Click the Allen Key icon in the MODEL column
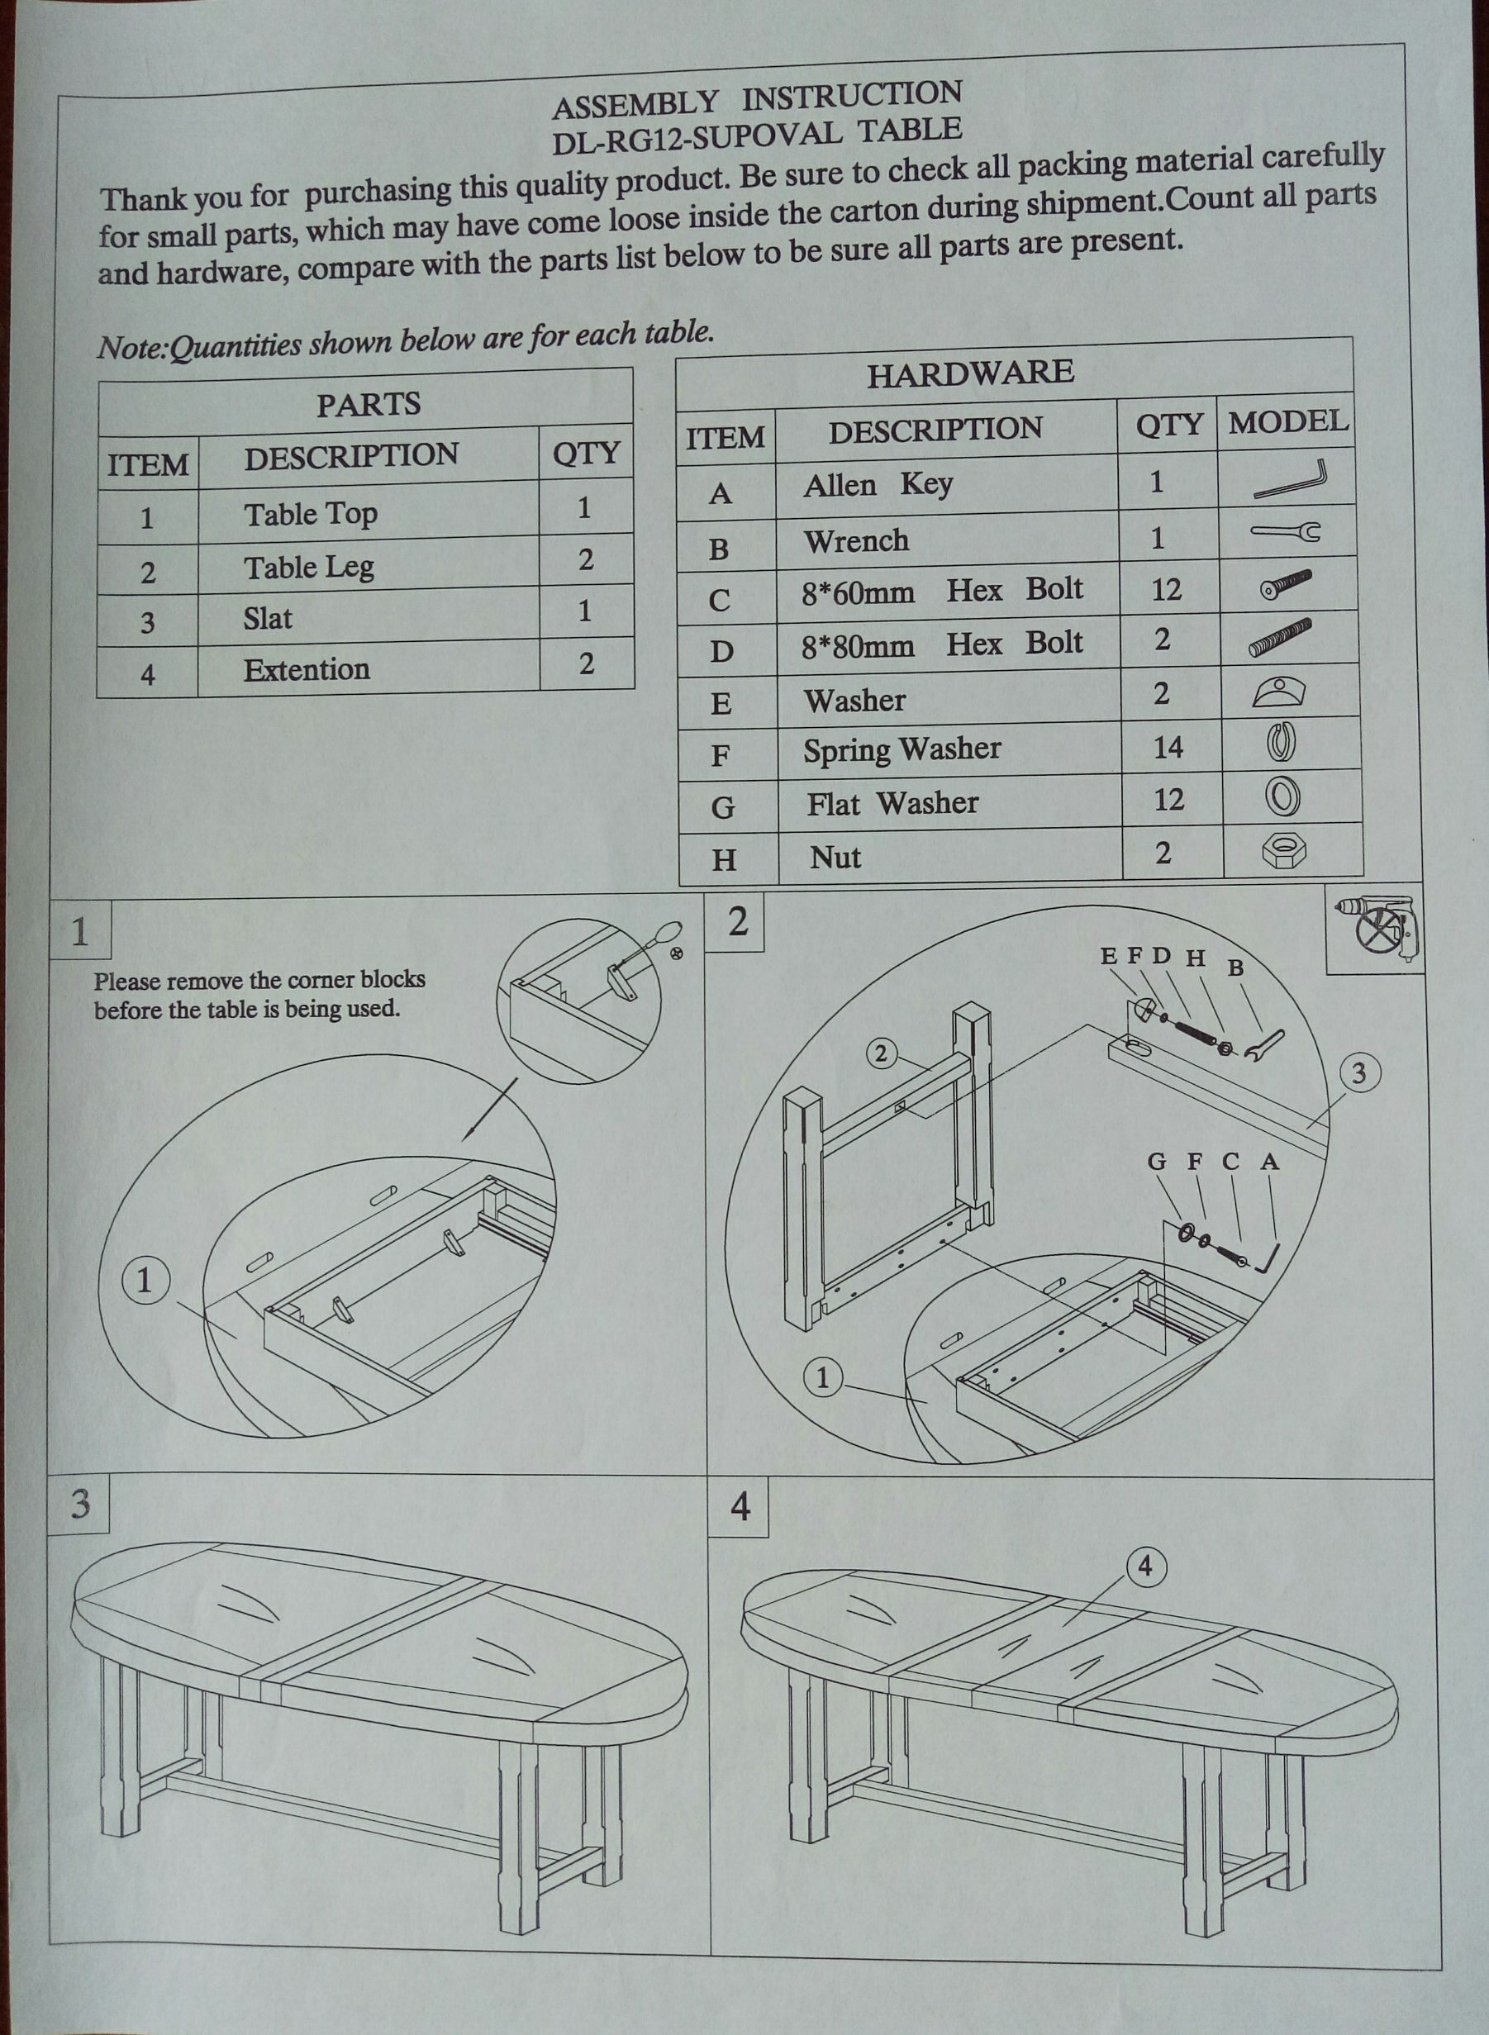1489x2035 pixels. [x=1290, y=480]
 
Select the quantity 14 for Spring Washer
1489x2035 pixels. [x=1168, y=747]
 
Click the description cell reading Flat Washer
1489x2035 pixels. [x=892, y=803]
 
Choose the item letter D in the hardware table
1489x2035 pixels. [x=721, y=651]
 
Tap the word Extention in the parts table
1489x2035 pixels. [x=307, y=669]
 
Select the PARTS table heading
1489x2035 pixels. [x=369, y=405]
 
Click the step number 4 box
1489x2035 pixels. [x=740, y=1506]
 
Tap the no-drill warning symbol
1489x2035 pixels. [x=1377, y=932]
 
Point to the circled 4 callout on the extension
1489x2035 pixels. [x=1144, y=1567]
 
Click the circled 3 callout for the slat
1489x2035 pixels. [x=1359, y=1072]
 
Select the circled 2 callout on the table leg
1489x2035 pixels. [x=882, y=1052]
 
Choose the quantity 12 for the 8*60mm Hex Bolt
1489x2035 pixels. [x=1165, y=589]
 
